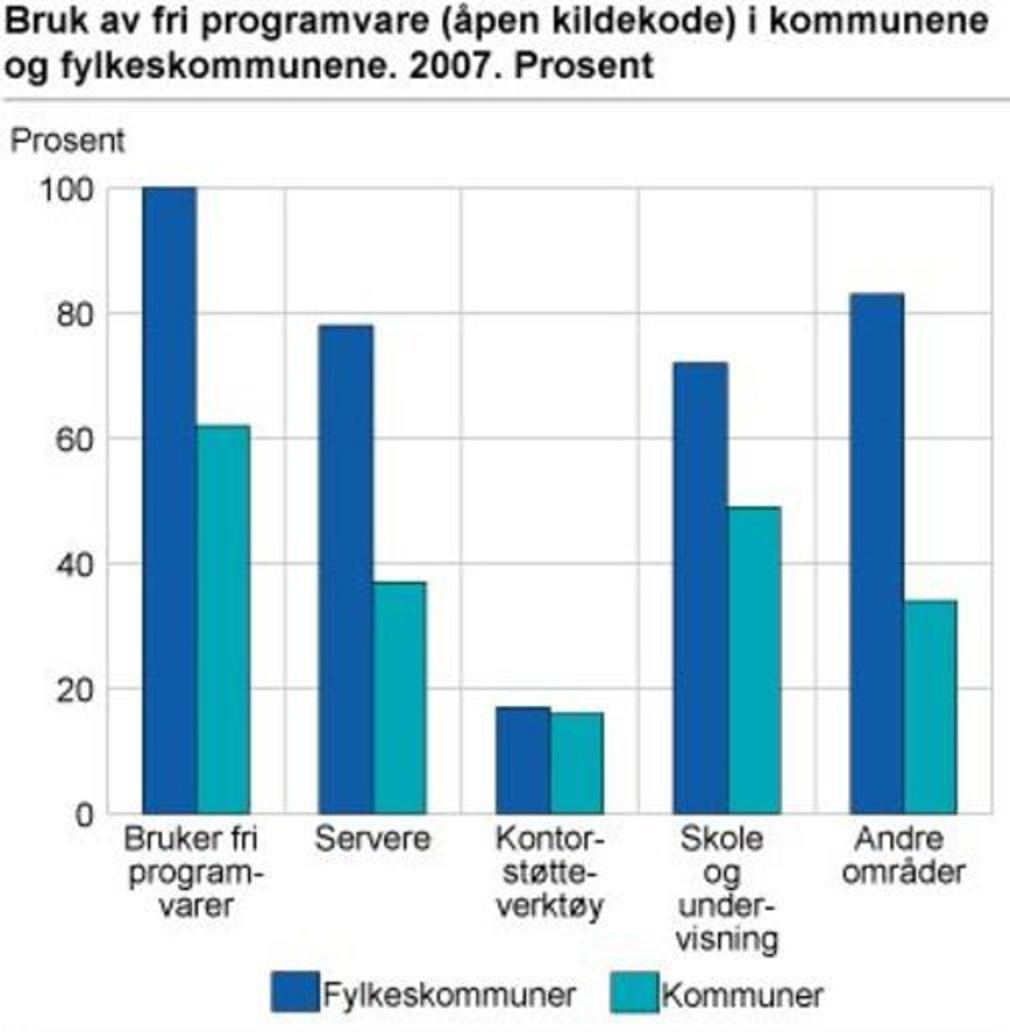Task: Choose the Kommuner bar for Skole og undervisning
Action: pyautogui.click(x=754, y=660)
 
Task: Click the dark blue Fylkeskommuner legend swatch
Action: pyautogui.click(x=295, y=992)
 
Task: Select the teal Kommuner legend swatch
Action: pyautogui.click(x=634, y=992)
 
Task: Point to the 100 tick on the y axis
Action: pyautogui.click(x=74, y=190)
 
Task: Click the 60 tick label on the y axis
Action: pyautogui.click(x=74, y=440)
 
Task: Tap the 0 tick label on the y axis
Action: pyautogui.click(x=84, y=815)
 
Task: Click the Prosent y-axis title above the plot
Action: pyautogui.click(x=68, y=141)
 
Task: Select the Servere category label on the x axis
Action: pyautogui.click(x=372, y=840)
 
